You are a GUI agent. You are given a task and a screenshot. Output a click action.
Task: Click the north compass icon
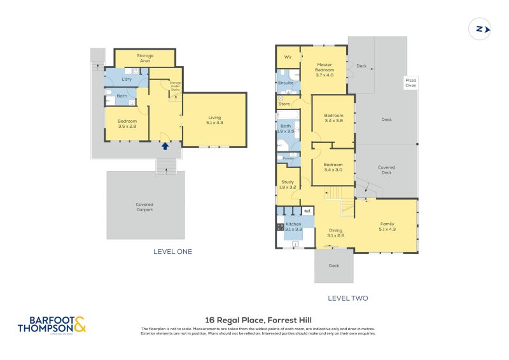pos(480,29)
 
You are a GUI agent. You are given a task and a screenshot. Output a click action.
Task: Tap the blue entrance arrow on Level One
pos(165,146)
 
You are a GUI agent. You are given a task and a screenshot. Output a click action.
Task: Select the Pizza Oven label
pos(410,83)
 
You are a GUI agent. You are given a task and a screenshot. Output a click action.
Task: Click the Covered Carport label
pos(144,207)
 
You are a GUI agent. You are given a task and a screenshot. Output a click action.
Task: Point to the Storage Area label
pos(144,57)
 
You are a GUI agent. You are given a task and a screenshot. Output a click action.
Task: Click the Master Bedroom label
pos(324,69)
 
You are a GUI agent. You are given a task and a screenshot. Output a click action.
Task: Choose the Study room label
pos(288,184)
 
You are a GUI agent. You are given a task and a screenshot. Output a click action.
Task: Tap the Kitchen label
pos(293,226)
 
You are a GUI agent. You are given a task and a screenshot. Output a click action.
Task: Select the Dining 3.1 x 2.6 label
pos(335,233)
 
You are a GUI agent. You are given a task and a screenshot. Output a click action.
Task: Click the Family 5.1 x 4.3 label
pos(387,226)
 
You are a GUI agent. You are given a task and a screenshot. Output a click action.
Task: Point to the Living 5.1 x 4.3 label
pos(214,120)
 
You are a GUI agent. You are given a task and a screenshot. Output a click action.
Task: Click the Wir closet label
pos(288,57)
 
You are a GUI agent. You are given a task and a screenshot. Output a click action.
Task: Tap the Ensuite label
pos(286,83)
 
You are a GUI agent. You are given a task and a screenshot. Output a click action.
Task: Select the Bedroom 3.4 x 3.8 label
pos(333,118)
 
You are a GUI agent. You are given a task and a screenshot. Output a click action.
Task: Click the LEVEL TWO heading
pos(347,298)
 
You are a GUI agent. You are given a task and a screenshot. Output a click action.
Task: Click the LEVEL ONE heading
pos(172,252)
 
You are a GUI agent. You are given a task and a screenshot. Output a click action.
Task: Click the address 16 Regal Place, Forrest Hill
pos(258,320)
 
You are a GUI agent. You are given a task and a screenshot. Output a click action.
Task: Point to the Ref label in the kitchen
pos(307,211)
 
